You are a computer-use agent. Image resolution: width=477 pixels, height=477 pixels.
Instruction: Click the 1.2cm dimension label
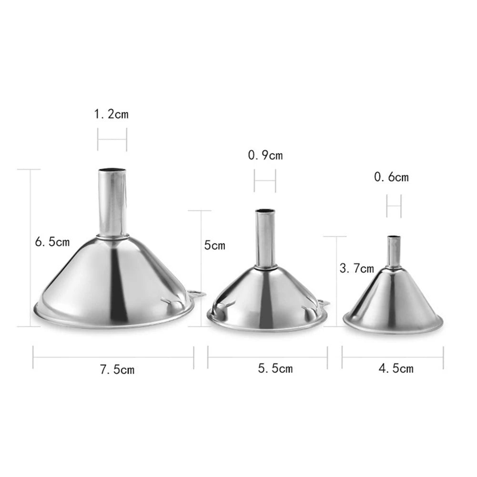point(111,114)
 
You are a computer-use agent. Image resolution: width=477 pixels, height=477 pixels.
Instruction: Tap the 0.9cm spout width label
point(265,155)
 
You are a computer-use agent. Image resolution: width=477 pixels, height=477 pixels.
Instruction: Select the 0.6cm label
point(391,177)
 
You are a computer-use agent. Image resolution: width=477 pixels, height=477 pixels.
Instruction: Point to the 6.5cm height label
point(52,242)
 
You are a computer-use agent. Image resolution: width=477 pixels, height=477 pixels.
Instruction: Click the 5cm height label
point(214,245)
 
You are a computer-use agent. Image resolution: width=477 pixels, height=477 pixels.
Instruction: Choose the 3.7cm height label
point(356,268)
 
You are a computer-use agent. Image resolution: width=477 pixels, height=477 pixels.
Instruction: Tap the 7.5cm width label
point(117,369)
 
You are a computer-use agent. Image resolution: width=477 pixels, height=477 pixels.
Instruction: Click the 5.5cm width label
point(275,368)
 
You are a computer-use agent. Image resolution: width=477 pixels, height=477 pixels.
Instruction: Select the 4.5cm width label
point(396,368)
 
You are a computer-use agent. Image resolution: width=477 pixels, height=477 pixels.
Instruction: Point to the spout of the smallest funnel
point(393,252)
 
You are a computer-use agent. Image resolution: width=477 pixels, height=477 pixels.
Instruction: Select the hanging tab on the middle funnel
point(323,303)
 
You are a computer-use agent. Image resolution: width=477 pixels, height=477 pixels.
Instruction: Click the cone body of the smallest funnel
point(393,298)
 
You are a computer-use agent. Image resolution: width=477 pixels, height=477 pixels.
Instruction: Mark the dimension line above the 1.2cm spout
point(112,140)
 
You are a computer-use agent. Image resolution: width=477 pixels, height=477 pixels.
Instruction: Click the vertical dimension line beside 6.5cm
point(31,248)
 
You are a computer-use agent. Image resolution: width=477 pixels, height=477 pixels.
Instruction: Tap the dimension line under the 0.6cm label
point(394,206)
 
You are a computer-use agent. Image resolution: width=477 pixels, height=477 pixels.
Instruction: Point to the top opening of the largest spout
point(113,170)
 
